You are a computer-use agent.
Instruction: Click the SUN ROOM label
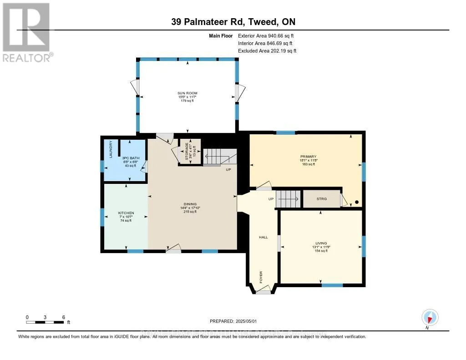[187, 93]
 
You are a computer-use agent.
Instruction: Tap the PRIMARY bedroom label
[308, 157]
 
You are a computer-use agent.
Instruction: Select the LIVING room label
[321, 243]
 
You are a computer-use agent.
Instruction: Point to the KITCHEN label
[125, 213]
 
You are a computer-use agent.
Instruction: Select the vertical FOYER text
[261, 277]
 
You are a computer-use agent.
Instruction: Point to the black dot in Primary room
[357, 202]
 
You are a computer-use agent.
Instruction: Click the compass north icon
[430, 317]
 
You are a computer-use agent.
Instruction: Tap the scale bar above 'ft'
[46, 322]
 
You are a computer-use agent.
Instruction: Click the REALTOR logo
[27, 32]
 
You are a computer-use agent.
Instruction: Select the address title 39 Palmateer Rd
[233, 22]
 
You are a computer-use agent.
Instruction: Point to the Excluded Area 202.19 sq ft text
[267, 51]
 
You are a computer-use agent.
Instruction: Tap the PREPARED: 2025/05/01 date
[233, 320]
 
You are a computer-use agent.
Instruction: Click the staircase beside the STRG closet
[289, 198]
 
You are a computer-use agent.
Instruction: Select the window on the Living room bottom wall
[332, 285]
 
